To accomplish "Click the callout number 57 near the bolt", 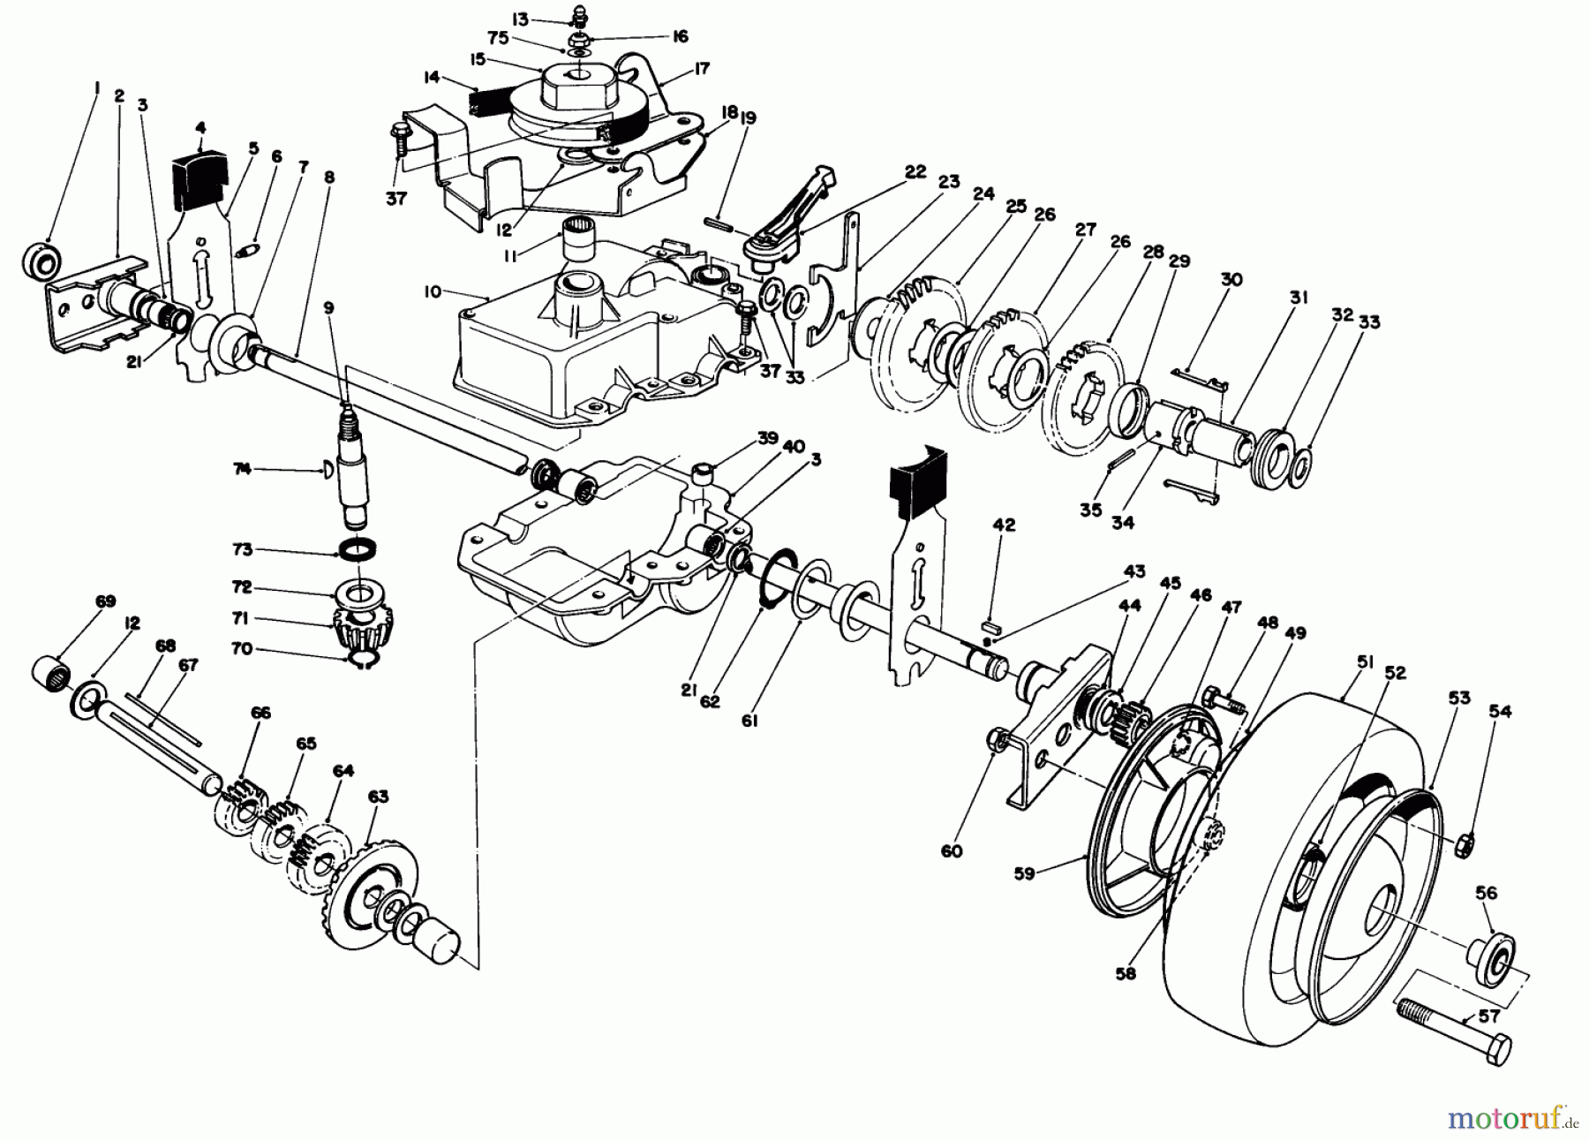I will [x=1488, y=1016].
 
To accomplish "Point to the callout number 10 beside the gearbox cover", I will [x=431, y=292].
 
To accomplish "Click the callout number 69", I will [x=105, y=601].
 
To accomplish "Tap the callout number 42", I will [x=1004, y=525].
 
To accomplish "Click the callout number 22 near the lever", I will [x=915, y=172].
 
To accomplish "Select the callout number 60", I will [x=952, y=851].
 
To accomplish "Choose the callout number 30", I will [x=1231, y=279].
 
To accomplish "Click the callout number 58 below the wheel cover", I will [x=1126, y=974].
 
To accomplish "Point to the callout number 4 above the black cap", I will [x=200, y=129].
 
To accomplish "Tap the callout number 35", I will [x=1091, y=510].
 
